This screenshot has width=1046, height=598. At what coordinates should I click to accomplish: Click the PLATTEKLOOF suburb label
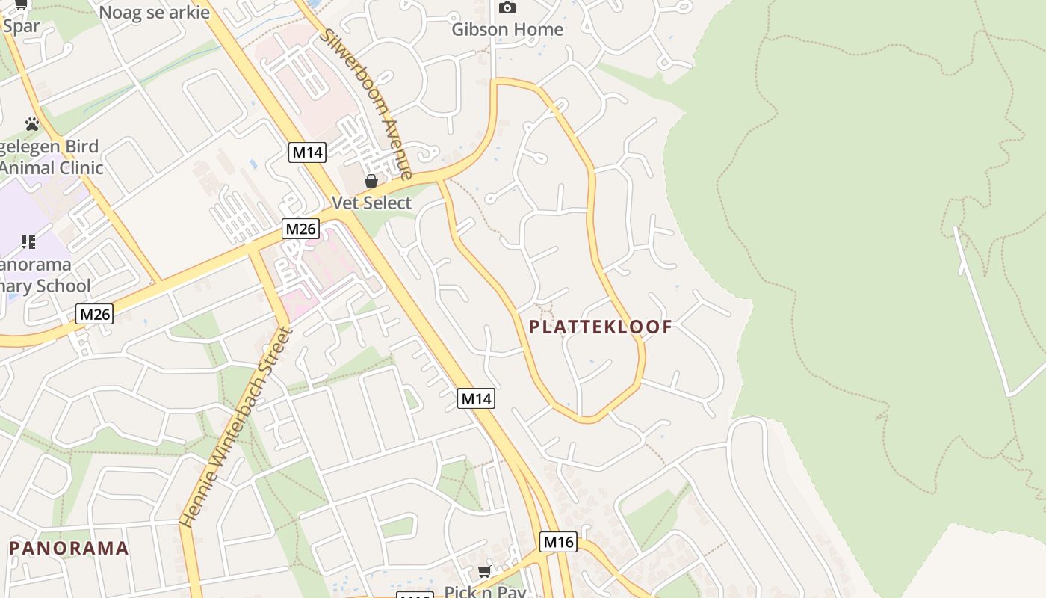pyautogui.click(x=601, y=327)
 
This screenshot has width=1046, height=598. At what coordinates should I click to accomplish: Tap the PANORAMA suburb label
pyautogui.click(x=69, y=549)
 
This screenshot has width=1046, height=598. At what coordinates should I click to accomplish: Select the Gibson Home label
pyautogui.click(x=507, y=30)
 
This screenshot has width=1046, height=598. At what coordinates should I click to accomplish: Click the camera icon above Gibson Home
pyautogui.click(x=507, y=8)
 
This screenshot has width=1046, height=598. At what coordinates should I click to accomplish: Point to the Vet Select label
pyautogui.click(x=371, y=203)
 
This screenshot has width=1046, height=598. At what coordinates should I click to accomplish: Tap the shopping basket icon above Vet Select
pyautogui.click(x=371, y=181)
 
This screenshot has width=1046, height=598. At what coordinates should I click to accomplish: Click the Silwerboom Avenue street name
pyautogui.click(x=367, y=105)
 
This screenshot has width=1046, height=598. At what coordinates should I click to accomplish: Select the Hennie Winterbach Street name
pyautogui.click(x=235, y=427)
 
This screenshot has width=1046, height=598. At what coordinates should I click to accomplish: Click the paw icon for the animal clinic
pyautogui.click(x=31, y=124)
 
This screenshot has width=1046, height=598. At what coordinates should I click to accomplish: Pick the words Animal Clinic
pyautogui.click(x=51, y=167)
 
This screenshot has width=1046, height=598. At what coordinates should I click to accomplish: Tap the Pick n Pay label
pyautogui.click(x=485, y=591)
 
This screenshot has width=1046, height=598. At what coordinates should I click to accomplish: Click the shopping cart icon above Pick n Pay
pyautogui.click(x=484, y=572)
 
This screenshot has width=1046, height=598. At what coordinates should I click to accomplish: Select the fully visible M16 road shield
pyautogui.click(x=558, y=542)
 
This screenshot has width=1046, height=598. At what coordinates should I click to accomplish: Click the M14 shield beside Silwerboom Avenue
pyautogui.click(x=307, y=152)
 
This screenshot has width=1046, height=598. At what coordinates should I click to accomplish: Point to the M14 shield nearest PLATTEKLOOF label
pyautogui.click(x=476, y=398)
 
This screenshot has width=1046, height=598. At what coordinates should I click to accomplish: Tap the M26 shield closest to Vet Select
pyautogui.click(x=300, y=229)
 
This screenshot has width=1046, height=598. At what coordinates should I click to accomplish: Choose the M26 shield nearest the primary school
pyautogui.click(x=95, y=314)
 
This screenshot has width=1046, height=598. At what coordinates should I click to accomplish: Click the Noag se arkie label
pyautogui.click(x=154, y=13)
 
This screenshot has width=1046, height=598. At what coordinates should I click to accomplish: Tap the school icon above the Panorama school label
pyautogui.click(x=28, y=241)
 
